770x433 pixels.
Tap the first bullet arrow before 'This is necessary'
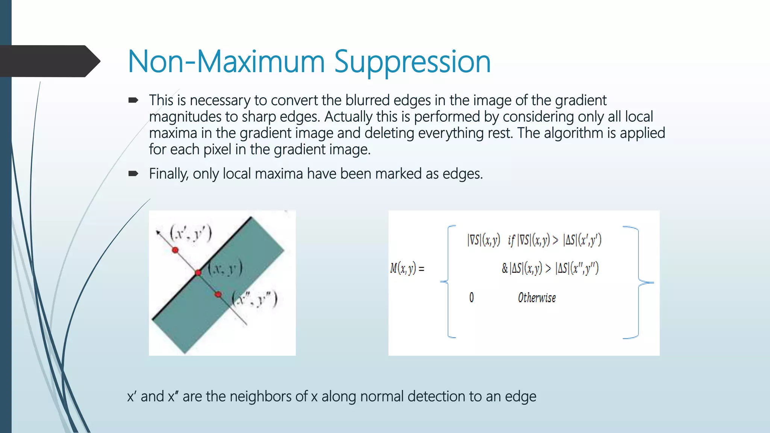pos(133,100)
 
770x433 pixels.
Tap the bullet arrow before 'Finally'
pos(133,174)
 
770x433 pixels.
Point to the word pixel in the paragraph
pos(217,150)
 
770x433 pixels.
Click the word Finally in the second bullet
pos(168,174)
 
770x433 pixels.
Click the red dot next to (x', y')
pos(175,250)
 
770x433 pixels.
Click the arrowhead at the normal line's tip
pos(158,233)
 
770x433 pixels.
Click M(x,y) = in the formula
pos(407,268)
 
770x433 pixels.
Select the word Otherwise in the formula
pos(537,298)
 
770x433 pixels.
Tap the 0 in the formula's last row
pos(471,298)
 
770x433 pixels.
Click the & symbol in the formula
pos(505,268)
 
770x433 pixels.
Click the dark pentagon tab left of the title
pos(49,61)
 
